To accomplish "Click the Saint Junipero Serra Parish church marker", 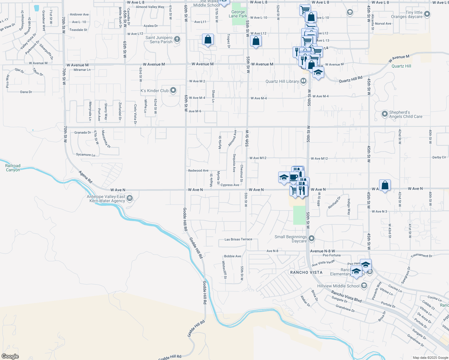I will [177, 39].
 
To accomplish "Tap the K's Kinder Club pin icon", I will [173, 90].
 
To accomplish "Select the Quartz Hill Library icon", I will [303, 81].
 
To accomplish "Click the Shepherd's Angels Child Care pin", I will [385, 114].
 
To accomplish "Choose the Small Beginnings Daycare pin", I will [312, 238].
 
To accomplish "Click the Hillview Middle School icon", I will [364, 286].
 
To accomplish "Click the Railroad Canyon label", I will [13, 168].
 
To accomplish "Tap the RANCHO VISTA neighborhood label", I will [306, 272].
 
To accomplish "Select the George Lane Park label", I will [238, 14].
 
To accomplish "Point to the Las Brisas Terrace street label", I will [238, 239].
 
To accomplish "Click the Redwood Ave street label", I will [198, 170].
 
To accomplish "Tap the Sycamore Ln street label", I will [86, 155].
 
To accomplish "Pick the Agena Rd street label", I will [86, 177].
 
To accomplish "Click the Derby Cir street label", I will [439, 157].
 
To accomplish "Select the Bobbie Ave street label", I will [232, 256].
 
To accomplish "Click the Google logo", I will [10, 356].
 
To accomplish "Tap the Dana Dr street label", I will [26, 92].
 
